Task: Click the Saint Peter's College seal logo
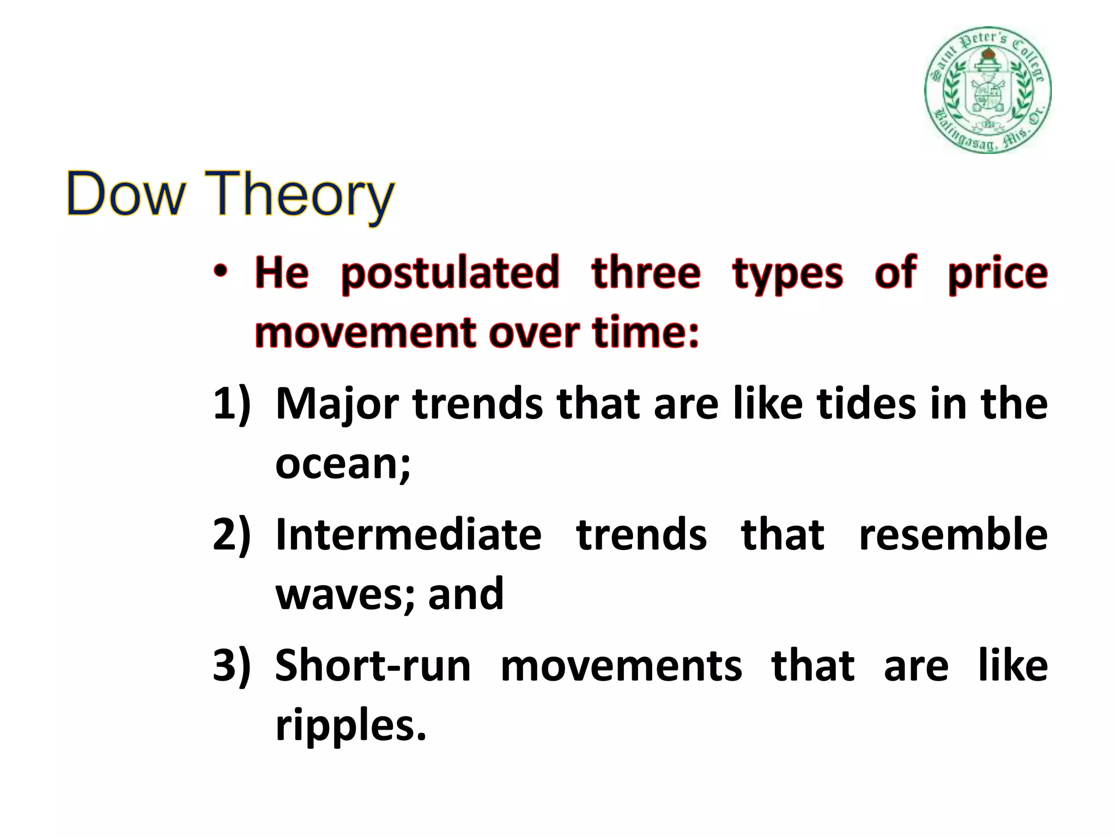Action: (987, 90)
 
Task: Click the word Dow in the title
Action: (125, 193)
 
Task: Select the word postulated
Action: (450, 274)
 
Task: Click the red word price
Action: (997, 274)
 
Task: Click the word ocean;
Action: (343, 464)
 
